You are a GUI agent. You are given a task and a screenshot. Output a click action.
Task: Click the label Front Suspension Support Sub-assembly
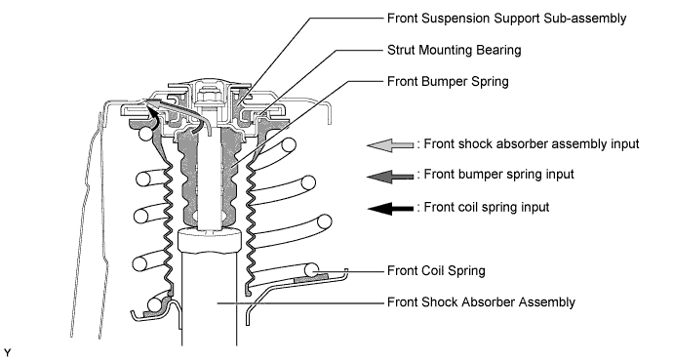[506, 19]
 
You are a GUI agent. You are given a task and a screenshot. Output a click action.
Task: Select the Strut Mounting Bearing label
[455, 50]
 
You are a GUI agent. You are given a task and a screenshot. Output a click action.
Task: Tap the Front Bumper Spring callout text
[448, 82]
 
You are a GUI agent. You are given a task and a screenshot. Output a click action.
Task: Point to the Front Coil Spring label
[436, 271]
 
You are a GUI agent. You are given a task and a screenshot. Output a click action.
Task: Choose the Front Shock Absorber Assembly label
[481, 302]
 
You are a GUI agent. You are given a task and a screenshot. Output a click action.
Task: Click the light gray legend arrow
[390, 145]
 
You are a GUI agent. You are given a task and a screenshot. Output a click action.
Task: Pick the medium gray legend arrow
[390, 176]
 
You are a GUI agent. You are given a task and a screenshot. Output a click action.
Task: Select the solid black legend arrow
[390, 209]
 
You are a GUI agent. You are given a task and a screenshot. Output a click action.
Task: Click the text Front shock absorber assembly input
[532, 144]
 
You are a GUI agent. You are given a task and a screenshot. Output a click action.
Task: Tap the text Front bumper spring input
[498, 175]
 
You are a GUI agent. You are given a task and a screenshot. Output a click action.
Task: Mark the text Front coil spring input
[487, 207]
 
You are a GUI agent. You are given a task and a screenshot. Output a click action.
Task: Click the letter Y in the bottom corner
[7, 353]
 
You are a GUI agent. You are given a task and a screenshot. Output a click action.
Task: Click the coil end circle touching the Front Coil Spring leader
[311, 270]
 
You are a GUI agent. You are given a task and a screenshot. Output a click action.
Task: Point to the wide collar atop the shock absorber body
[209, 240]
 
